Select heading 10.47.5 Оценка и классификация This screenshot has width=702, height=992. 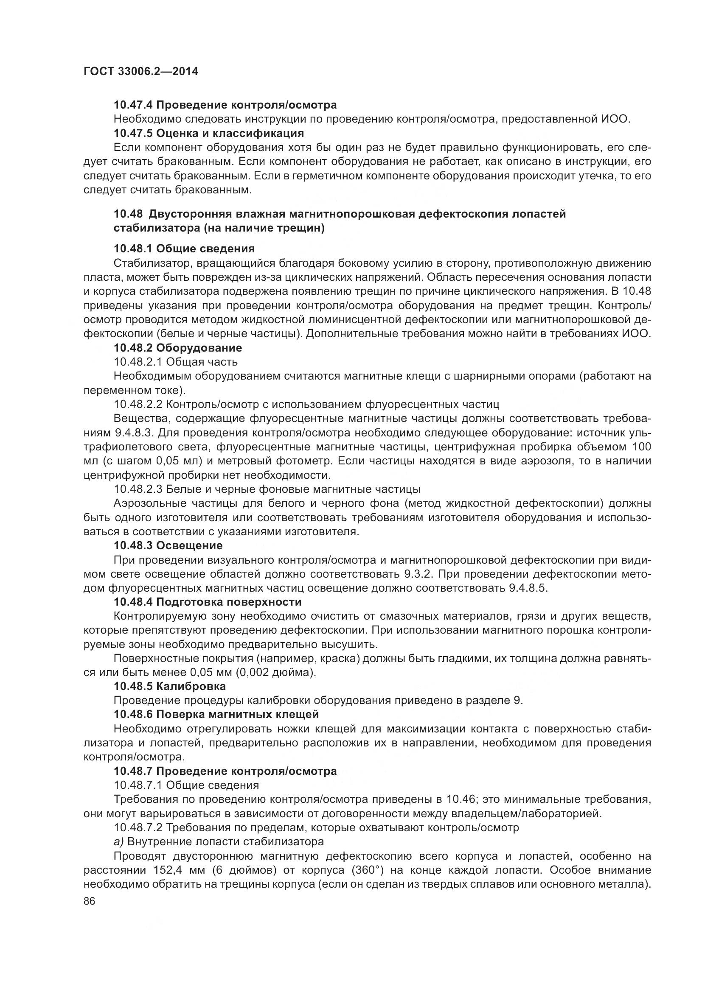tap(209, 133)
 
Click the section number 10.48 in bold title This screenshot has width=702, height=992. tap(127, 214)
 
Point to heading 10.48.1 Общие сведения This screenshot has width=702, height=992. tap(184, 249)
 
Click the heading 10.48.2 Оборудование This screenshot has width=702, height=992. tap(178, 347)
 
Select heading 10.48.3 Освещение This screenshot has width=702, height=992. tap(168, 545)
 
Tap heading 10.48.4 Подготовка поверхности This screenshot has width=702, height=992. tap(208, 602)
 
